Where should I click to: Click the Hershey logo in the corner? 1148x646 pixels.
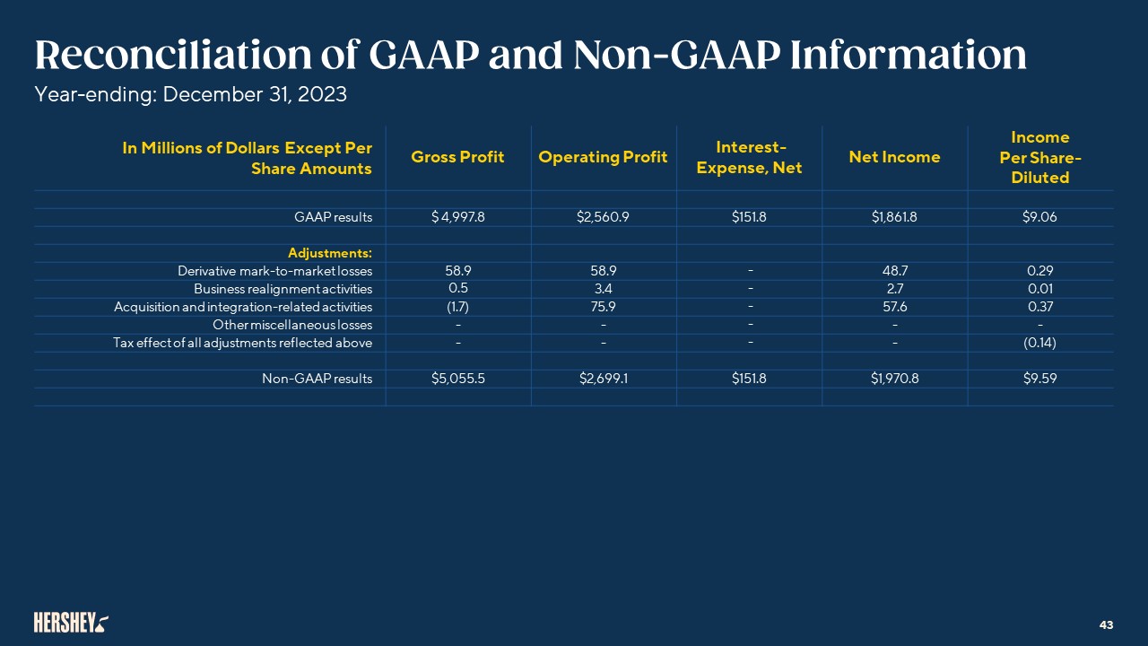(71, 622)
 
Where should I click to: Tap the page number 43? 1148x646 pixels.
(1106, 624)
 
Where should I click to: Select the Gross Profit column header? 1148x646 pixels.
(457, 157)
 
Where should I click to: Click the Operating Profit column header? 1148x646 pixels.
(603, 157)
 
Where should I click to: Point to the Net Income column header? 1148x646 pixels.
(894, 157)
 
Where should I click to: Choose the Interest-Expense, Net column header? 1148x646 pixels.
(749, 157)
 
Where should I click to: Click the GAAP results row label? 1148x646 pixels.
(333, 217)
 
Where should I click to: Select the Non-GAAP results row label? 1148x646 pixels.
(317, 379)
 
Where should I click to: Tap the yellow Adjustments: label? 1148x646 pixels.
(330, 253)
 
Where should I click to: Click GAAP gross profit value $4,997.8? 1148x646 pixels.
(457, 217)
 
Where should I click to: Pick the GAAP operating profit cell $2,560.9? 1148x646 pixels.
(603, 217)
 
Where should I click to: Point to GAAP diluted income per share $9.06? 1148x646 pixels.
(1039, 217)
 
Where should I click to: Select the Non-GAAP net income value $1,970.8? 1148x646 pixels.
(894, 379)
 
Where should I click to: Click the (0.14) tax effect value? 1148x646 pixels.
(1039, 343)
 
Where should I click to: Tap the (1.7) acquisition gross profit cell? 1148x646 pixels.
(457, 307)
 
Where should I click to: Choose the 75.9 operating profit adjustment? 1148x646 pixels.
(603, 307)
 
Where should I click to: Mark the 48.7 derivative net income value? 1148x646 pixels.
(894, 271)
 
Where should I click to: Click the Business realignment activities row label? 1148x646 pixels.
(283, 289)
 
